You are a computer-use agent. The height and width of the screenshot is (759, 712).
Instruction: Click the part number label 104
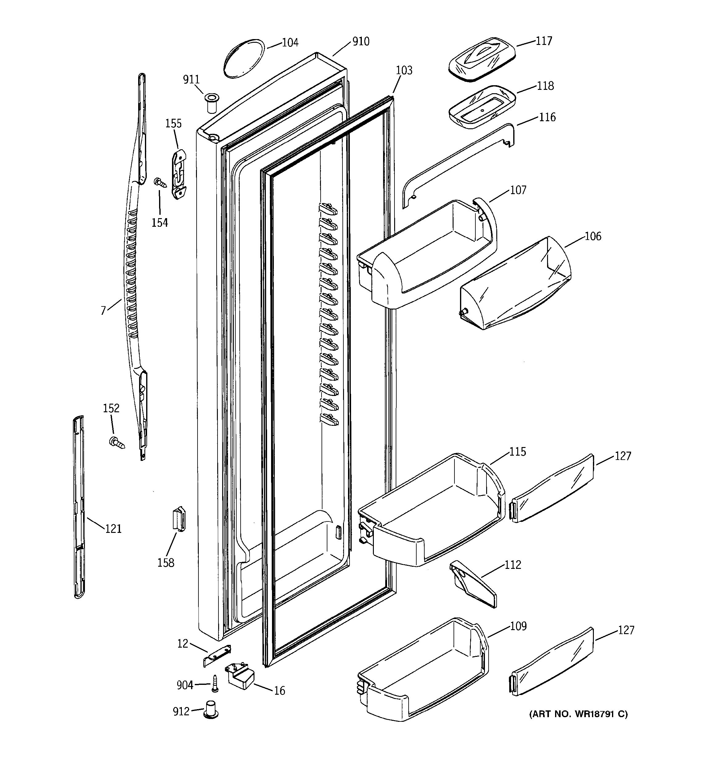[x=290, y=42]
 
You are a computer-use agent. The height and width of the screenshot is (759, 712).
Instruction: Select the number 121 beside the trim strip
[x=114, y=529]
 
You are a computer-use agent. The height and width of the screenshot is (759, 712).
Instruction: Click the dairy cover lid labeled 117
[x=482, y=59]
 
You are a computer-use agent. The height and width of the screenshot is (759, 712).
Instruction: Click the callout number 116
[x=547, y=117]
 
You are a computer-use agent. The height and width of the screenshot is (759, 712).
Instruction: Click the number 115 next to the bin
[x=517, y=452]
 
